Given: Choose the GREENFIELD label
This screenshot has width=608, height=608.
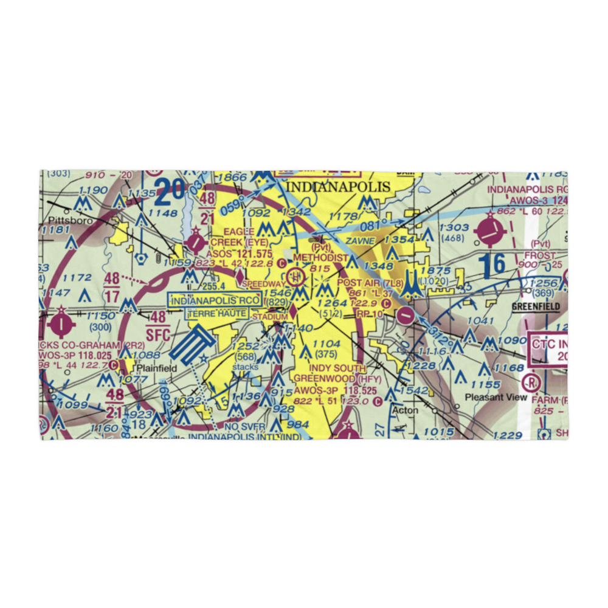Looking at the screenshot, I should coord(535,307).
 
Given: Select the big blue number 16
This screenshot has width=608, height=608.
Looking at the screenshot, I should coord(491,264).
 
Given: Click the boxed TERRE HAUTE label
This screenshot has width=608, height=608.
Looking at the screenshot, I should coord(217,314).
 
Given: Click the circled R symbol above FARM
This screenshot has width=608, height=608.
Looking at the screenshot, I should coord(530,383).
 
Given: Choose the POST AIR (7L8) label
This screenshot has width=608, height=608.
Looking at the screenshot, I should coord(370,283).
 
